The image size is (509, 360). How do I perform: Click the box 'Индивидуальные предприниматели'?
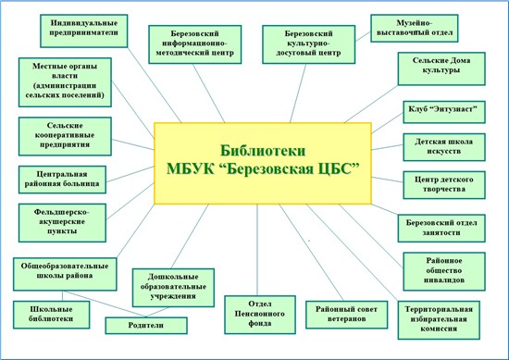point(83,31)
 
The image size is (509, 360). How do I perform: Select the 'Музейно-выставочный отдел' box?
point(415,29)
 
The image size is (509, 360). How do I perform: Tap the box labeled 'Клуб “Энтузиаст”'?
point(444,112)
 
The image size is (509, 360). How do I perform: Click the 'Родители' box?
point(146,325)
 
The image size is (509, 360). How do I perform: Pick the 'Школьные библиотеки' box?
point(51,315)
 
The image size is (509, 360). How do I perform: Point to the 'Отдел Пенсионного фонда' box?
point(260,315)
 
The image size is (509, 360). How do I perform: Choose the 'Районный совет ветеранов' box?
point(346,315)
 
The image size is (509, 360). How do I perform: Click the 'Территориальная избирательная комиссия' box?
point(439,320)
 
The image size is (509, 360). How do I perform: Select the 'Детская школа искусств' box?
point(444,147)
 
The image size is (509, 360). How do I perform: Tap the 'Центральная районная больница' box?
point(62,180)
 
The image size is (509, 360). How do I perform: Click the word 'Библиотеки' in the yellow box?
point(263,151)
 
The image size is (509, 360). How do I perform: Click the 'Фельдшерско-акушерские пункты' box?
point(62,223)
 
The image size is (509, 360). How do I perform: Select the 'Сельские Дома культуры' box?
point(441,68)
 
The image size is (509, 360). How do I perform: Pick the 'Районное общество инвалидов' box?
point(444,271)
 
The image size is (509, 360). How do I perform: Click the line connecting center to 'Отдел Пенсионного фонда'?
point(257,250)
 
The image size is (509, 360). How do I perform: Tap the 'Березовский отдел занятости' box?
point(441,229)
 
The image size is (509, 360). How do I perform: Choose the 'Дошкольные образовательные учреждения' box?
point(173,288)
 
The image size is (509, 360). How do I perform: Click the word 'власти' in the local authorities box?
point(65,76)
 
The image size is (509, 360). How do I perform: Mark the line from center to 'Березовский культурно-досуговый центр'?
point(298,93)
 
